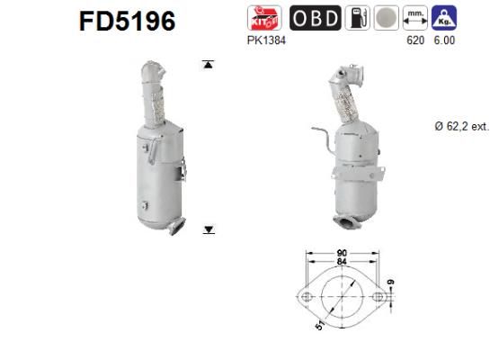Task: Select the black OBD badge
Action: tap(314, 17)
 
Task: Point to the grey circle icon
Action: tap(385, 17)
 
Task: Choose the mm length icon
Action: tap(415, 17)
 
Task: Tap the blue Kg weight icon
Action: tap(443, 17)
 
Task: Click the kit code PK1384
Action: tap(264, 40)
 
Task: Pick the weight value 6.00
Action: tap(442, 40)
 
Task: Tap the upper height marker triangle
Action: tap(209, 65)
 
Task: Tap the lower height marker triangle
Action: tap(209, 230)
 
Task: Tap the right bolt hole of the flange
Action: tap(378, 295)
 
